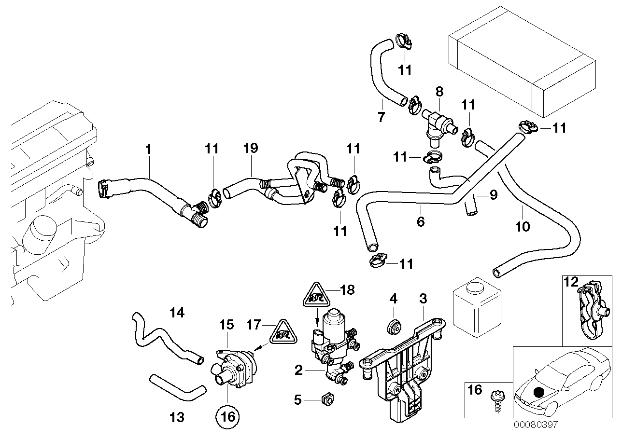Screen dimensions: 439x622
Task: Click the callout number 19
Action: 251,149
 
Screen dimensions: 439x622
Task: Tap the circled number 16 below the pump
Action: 227,415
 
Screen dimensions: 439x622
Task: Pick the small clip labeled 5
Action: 327,399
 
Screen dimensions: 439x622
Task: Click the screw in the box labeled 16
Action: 495,396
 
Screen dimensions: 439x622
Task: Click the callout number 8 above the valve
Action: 438,90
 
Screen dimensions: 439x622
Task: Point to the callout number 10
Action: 523,226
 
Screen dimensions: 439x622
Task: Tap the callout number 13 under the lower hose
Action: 178,416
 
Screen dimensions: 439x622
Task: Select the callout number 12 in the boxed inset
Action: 571,282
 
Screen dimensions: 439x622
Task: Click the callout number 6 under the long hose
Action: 421,221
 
